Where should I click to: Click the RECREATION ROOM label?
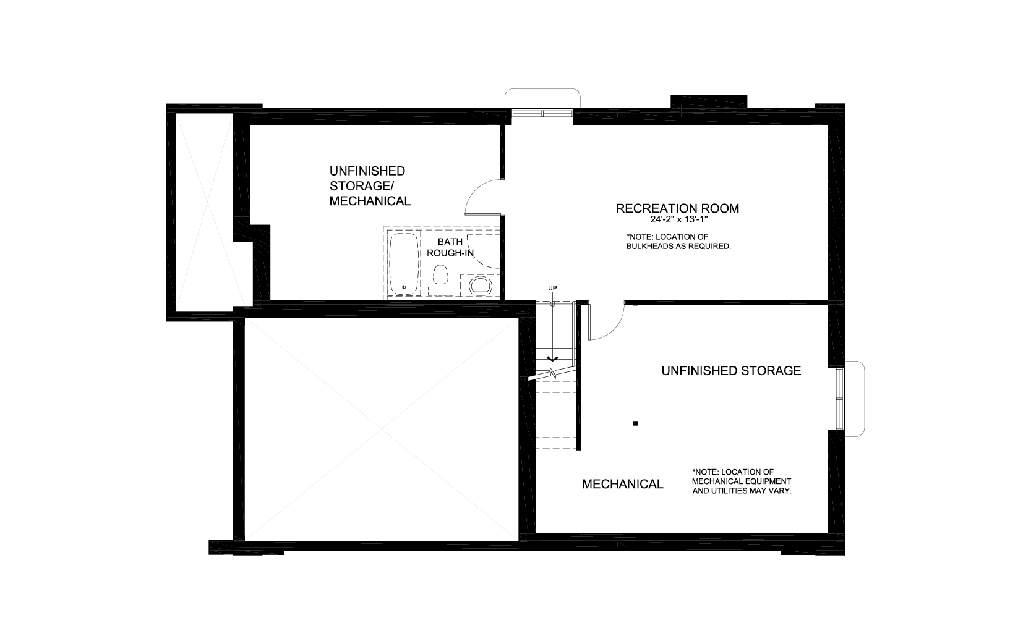677,208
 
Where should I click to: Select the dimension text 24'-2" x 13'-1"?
679,220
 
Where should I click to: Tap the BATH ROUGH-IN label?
450,247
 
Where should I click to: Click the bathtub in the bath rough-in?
404,263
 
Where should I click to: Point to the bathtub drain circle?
404,287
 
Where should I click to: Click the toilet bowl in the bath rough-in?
440,274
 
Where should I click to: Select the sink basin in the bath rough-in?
480,285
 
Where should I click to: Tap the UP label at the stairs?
552,288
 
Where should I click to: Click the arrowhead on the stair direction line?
552,358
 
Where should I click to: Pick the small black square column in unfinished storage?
635,423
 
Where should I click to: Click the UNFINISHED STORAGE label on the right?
731,371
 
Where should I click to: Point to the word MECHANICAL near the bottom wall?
622,484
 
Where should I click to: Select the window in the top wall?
542,114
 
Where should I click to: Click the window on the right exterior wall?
840,399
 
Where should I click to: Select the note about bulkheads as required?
678,242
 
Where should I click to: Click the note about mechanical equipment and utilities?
742,481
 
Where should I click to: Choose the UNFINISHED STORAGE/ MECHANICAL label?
370,186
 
